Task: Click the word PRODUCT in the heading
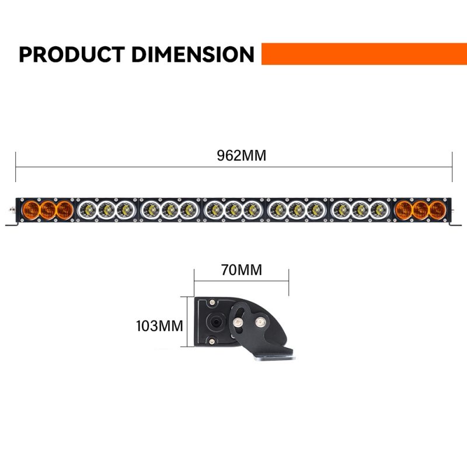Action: coord(72,54)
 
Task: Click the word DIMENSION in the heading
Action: coord(193,54)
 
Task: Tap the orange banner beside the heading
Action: coord(364,54)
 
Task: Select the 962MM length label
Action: coord(241,155)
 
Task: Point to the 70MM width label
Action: coord(242,270)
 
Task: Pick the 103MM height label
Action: coord(159,326)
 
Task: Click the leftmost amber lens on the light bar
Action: coord(31,210)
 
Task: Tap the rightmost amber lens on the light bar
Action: coord(437,210)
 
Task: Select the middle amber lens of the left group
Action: coord(48,210)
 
